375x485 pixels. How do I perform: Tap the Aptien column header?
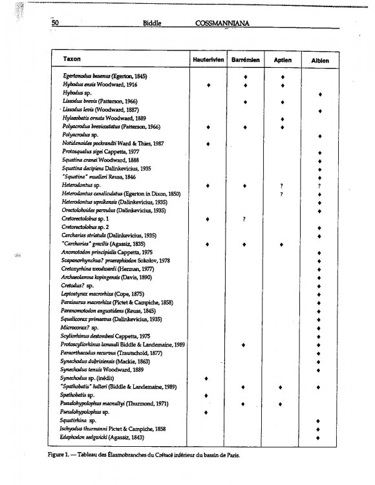pos(283,61)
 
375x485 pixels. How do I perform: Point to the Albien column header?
pos(321,61)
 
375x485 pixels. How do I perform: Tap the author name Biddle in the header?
pos(153,24)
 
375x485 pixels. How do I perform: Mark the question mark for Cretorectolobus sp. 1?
pos(244,219)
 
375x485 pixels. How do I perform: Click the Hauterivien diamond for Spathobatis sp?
pos(208,396)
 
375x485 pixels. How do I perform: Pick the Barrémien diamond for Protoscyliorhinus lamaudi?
pos(245,345)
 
